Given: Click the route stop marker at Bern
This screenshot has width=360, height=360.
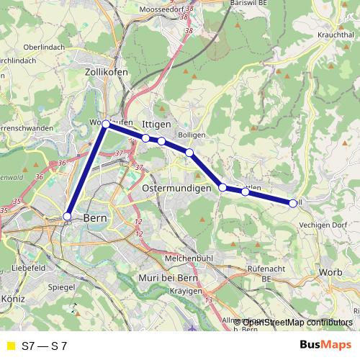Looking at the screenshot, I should (67, 216).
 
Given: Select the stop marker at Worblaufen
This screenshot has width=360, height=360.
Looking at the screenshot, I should (106, 125).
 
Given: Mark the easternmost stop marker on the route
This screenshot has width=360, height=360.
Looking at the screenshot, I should (292, 203).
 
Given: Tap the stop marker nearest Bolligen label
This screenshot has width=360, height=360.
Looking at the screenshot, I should (189, 152).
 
